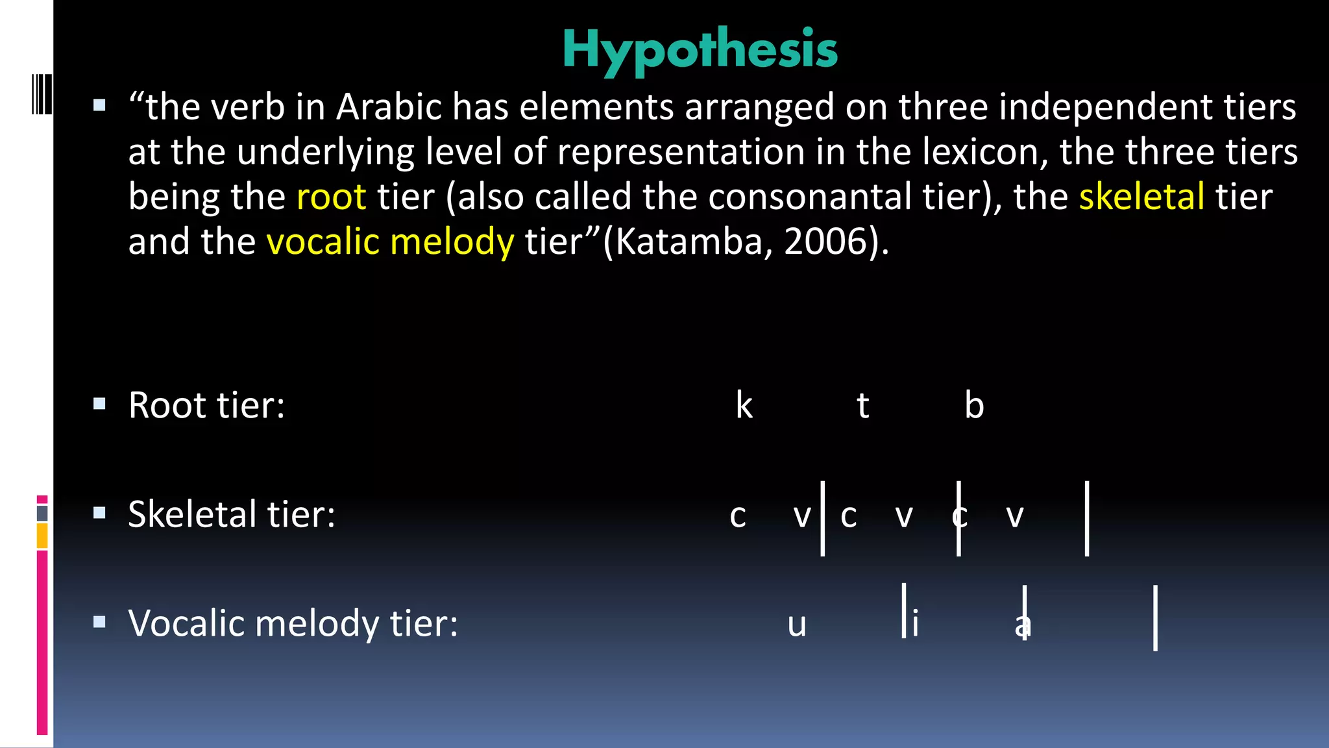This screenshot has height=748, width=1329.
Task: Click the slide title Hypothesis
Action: pyautogui.click(x=700, y=49)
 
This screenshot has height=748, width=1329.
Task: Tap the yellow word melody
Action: pyautogui.click(x=452, y=242)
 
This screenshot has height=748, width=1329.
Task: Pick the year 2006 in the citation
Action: pyautogui.click(x=826, y=242)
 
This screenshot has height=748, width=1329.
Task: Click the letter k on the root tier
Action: pyautogui.click(x=744, y=405)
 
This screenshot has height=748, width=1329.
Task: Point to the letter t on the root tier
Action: pyautogui.click(x=862, y=405)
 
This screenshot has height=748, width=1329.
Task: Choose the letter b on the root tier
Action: pyautogui.click(x=973, y=405)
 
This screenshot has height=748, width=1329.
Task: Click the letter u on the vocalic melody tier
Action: pyautogui.click(x=796, y=625)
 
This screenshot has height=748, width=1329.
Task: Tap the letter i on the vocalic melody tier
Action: pyautogui.click(x=915, y=623)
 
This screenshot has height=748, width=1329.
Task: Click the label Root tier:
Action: pyautogui.click(x=206, y=405)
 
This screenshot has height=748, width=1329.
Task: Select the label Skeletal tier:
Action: pyautogui.click(x=232, y=514)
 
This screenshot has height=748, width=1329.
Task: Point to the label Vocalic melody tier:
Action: pyautogui.click(x=293, y=623)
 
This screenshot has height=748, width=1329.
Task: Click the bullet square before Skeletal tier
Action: pyautogui.click(x=99, y=513)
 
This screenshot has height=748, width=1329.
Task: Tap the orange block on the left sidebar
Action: pyautogui.click(x=42, y=536)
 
